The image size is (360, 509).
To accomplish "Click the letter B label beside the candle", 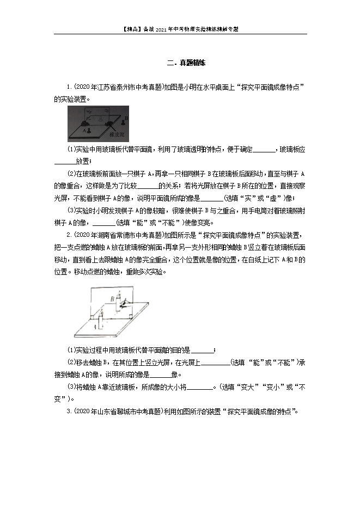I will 111,298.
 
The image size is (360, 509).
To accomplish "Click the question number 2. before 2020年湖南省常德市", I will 69,235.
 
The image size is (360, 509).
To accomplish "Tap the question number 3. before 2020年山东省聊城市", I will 69,412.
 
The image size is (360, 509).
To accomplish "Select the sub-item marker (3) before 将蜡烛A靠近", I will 72,387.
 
